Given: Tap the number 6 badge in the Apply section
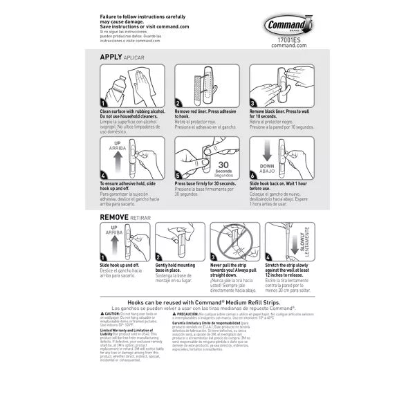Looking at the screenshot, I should pos(253,174).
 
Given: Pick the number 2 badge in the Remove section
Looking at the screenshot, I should pos(178,257).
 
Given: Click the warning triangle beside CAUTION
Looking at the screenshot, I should pos(103,313).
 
